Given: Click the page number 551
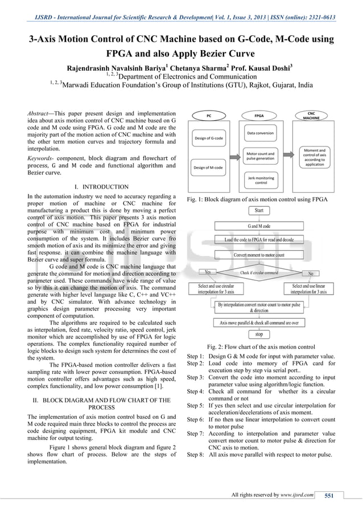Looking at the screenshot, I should tap(328, 495).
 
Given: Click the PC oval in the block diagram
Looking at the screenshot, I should tap(209, 115).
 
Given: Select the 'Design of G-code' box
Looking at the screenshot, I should tap(209, 138).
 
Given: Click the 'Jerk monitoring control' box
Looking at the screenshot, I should tap(261, 181).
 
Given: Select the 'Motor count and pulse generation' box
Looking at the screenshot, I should tap(261, 156).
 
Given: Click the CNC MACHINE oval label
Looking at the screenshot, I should tap(311, 115).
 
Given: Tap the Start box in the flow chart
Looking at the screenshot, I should tap(259, 211).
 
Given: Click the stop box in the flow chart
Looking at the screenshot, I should tap(259, 334).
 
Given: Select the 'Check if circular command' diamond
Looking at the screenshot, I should tap(259, 272).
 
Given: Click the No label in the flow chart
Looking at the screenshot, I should tap(310, 272).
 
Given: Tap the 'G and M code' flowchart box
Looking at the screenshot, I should tap(259, 226).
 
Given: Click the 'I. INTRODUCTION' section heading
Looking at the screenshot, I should tap(102, 186).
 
